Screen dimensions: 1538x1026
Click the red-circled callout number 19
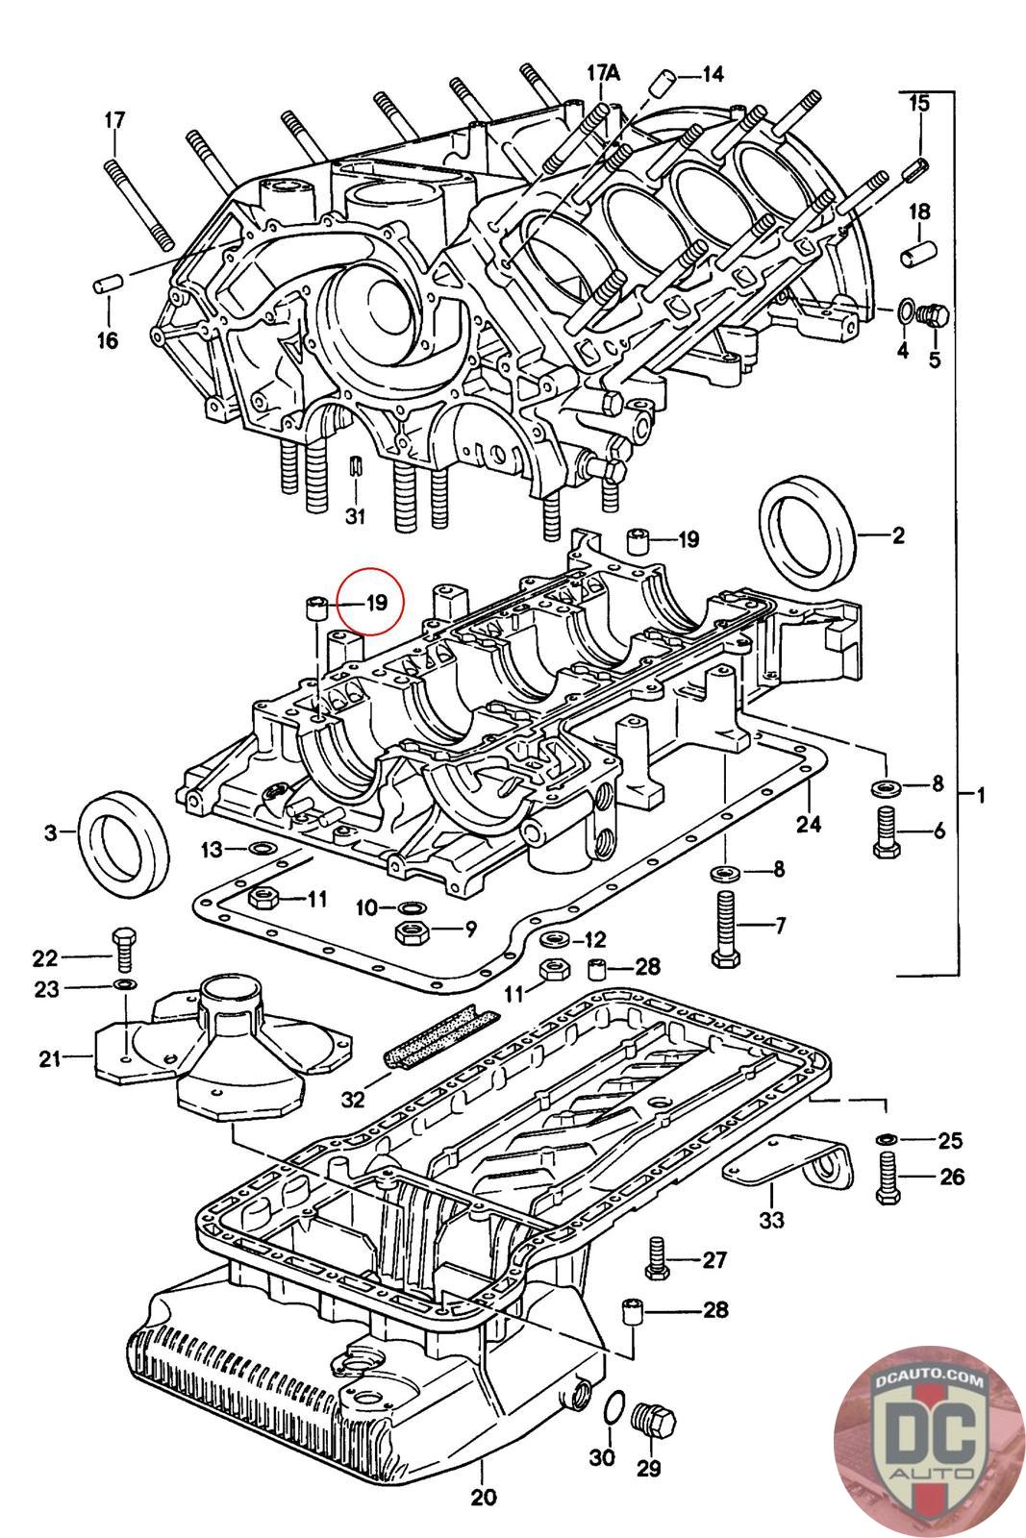click(x=374, y=603)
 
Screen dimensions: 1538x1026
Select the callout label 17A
click(x=604, y=72)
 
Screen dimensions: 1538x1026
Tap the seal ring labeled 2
click(x=808, y=535)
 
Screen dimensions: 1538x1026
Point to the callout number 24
click(x=809, y=823)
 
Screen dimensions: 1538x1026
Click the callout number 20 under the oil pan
click(x=483, y=1497)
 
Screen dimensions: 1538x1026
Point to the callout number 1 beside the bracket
click(x=981, y=795)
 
